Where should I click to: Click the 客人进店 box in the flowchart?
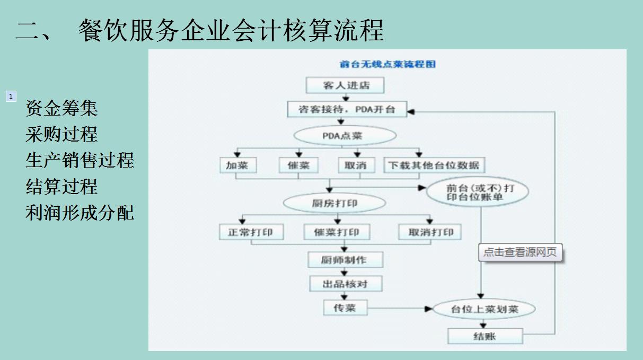click(x=345, y=85)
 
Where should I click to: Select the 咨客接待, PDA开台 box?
click(x=347, y=109)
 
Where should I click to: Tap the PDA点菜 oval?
click(x=345, y=136)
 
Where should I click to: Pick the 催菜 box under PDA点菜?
click(x=298, y=165)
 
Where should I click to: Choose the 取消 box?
click(x=355, y=165)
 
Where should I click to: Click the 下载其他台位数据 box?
click(x=434, y=165)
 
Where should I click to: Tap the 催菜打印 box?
click(x=336, y=232)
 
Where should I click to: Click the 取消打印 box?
click(x=430, y=232)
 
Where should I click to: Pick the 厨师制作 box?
click(x=345, y=260)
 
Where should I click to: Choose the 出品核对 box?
click(x=345, y=284)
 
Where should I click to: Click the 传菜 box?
click(x=345, y=308)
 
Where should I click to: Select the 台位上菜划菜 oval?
click(x=484, y=309)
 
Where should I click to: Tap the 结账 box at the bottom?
click(x=485, y=336)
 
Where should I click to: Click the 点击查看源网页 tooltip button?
click(x=520, y=252)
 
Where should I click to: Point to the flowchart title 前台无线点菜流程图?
click(x=387, y=64)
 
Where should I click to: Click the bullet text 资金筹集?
click(x=61, y=109)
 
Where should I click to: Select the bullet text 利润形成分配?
click(x=80, y=213)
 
